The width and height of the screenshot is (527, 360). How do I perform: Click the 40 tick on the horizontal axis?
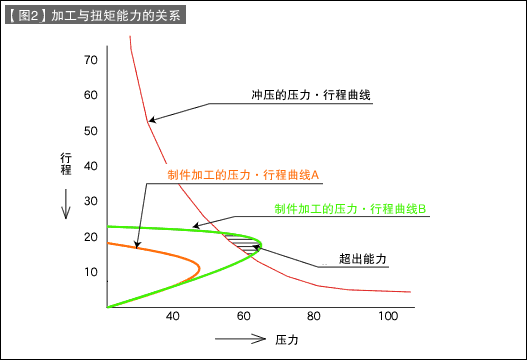tap(172, 317)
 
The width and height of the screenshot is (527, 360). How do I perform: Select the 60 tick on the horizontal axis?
tap(243, 317)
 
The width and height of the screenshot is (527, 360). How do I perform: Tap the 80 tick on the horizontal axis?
tap(314, 317)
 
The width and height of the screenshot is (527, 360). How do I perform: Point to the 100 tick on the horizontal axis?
tap(387, 317)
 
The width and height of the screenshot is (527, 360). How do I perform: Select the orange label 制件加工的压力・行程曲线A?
tap(243, 175)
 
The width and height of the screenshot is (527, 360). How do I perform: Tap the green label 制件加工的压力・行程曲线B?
tap(351, 209)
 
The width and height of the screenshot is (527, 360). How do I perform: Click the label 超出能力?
tap(363, 258)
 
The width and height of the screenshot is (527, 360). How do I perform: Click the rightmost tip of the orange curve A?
tap(200, 267)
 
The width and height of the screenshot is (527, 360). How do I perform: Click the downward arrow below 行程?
tap(66, 208)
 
